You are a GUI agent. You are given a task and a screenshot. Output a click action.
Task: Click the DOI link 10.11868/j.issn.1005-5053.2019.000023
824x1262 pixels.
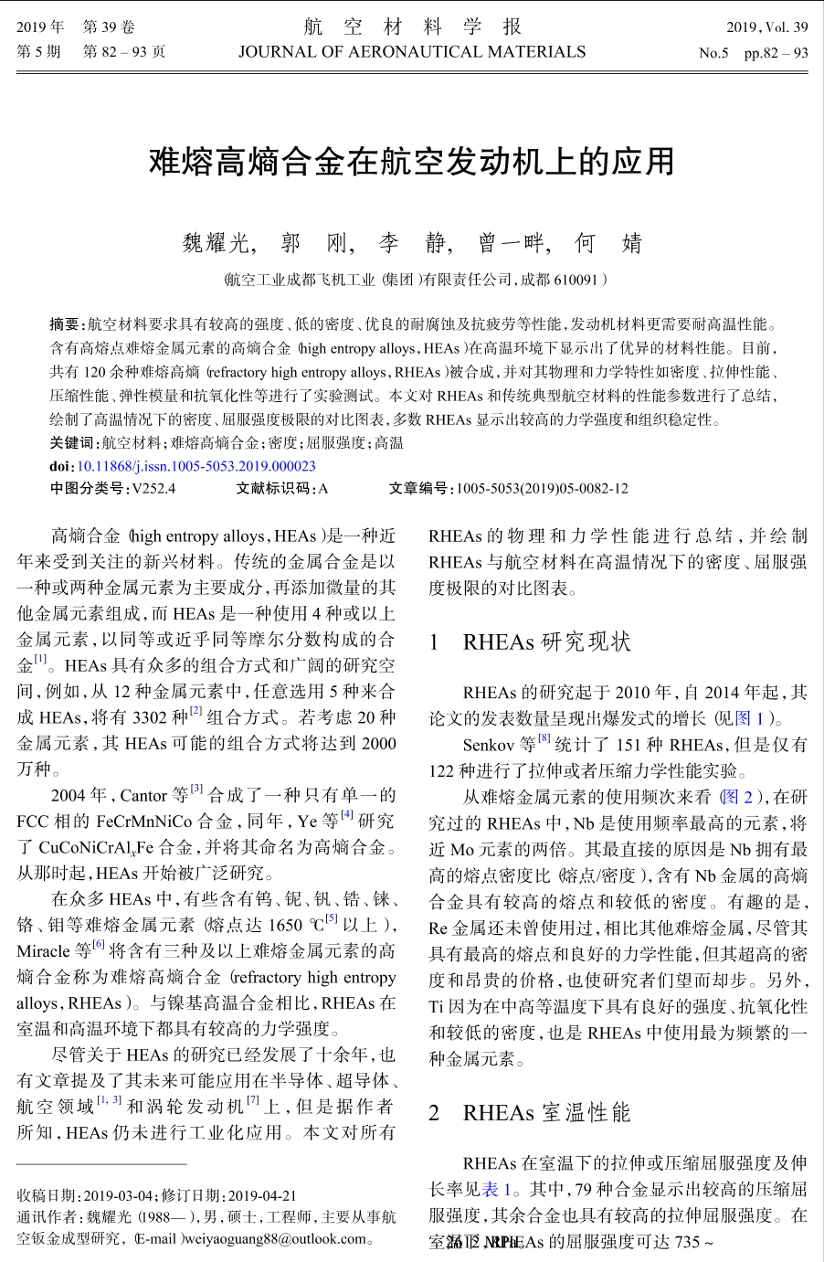[x=195, y=466]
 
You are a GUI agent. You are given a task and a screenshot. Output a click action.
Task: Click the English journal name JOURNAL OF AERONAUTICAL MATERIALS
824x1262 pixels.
[x=412, y=52]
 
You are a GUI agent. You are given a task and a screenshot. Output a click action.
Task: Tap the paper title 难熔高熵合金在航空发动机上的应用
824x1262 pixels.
[x=412, y=162]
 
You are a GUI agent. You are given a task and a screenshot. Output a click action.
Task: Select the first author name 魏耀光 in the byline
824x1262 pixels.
[x=215, y=243]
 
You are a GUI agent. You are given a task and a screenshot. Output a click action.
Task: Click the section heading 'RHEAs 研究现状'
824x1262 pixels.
[x=546, y=642]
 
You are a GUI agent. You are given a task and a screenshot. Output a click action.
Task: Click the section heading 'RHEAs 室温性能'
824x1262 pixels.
[x=546, y=1112]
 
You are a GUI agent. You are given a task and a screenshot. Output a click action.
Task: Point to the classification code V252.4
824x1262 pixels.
[x=153, y=489]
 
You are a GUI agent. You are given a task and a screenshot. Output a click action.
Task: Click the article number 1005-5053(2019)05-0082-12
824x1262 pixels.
[x=542, y=489]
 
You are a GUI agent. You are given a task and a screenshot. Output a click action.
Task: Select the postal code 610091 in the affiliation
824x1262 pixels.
[x=575, y=280]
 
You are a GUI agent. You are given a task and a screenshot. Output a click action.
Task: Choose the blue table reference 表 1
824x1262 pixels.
[x=490, y=1189]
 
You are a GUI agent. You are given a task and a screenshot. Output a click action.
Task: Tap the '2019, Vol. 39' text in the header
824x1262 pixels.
[x=766, y=27]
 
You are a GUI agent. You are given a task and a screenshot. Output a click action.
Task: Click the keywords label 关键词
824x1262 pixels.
[x=72, y=443]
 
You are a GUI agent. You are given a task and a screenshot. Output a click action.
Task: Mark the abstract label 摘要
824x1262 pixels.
[x=65, y=324]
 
